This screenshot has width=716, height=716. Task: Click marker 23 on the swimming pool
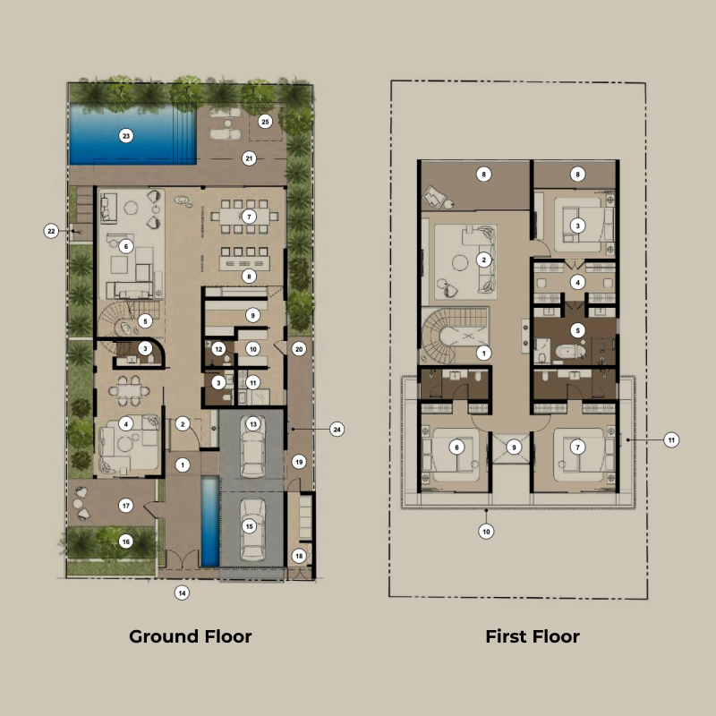point(126,136)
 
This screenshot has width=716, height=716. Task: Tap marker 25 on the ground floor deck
point(264,121)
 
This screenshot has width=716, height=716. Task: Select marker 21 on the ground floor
point(250,158)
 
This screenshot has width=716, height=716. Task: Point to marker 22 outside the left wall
point(51,231)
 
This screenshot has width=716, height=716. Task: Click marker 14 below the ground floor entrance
point(182,592)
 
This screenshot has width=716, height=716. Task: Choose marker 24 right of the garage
point(337,429)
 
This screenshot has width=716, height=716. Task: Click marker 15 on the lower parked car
point(250,526)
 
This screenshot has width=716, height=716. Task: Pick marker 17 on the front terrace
point(126,506)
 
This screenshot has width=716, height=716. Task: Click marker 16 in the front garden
point(126,541)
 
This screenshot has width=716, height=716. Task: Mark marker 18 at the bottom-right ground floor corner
point(299,556)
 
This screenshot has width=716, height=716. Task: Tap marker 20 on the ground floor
point(299,349)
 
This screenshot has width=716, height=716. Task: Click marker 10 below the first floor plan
point(485,531)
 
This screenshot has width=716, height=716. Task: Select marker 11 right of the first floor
point(671,439)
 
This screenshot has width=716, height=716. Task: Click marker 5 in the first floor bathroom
point(578,330)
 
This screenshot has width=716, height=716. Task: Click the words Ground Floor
point(190,636)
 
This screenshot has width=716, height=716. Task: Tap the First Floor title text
point(533,636)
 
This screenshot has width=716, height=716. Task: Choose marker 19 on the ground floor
point(299,462)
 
